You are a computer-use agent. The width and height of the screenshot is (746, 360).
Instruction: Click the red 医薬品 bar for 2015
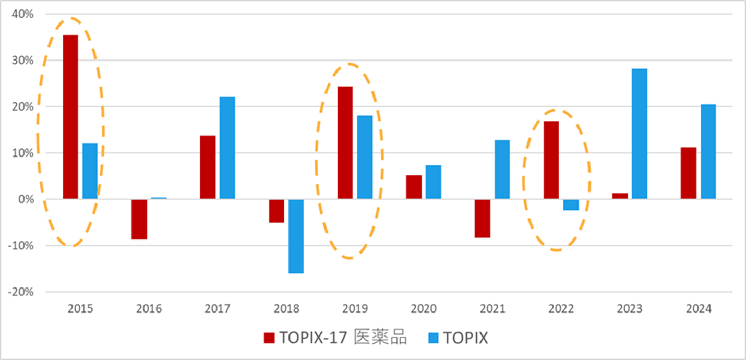70,117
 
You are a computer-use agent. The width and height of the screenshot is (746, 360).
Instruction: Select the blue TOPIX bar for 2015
90,171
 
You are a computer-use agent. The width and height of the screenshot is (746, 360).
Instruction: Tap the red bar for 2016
139,219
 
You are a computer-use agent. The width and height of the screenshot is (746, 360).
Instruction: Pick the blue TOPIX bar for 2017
227,148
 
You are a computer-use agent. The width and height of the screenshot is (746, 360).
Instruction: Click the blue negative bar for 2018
296,236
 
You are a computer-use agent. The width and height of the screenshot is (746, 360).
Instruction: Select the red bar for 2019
345,142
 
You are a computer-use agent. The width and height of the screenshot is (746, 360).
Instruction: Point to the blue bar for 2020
433,182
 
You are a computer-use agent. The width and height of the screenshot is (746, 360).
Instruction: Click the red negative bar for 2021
483,218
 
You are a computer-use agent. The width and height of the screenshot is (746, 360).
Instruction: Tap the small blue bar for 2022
571,205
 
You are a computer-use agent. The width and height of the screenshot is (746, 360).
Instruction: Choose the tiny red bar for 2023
620,196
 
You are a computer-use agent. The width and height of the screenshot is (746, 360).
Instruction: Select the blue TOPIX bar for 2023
640,134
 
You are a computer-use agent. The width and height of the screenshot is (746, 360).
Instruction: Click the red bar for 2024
689,173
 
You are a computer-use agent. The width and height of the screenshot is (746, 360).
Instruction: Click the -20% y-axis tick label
20,292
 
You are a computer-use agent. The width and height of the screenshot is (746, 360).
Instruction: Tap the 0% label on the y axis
25,199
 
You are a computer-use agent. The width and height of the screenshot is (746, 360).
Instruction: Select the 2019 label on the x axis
355,309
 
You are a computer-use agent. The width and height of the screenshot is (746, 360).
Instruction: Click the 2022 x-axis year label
561,309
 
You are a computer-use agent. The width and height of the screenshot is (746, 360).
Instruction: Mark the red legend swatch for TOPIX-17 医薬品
269,338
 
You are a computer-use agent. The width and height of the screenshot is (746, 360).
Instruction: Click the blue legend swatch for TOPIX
434,338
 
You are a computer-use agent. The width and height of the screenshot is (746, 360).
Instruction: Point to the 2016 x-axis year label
149,309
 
